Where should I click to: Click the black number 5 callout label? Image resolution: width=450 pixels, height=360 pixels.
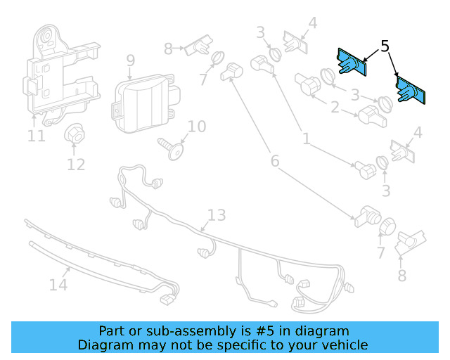385,46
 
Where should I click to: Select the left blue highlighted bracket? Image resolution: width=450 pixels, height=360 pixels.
351,64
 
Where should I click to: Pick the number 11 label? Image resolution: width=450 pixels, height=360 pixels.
36,135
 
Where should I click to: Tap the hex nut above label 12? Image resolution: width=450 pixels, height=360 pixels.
74,135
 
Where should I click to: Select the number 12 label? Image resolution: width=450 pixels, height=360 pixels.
76,165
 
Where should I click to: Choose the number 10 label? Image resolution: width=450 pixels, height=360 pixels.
197,127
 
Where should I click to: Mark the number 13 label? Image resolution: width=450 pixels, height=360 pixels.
217,215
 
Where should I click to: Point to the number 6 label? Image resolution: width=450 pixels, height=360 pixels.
274,161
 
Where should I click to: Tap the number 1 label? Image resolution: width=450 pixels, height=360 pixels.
306,139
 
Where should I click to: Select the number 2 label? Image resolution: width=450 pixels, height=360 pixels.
335,108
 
